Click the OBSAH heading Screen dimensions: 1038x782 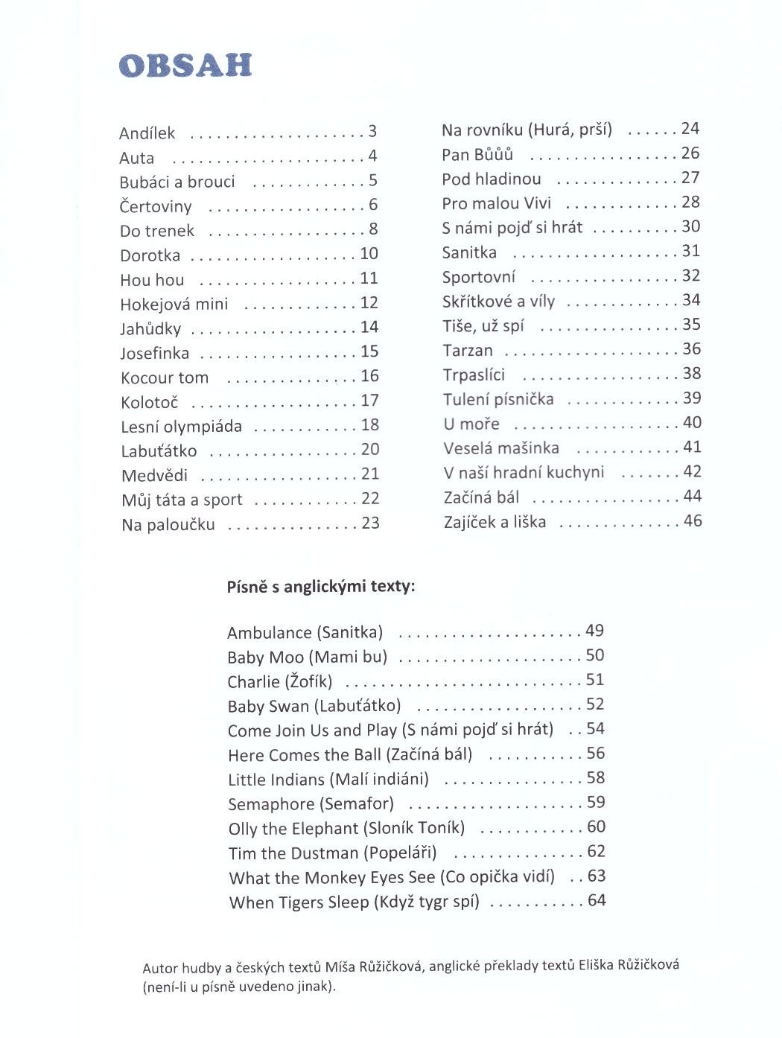(185, 66)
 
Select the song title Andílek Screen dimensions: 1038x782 (147, 133)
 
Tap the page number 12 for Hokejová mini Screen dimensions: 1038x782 (369, 302)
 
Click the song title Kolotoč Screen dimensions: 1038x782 (149, 403)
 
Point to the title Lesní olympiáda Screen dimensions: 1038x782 (181, 427)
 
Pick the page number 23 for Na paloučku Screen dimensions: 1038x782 (370, 523)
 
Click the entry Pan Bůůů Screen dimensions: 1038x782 (477, 154)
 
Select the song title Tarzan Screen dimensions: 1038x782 (468, 350)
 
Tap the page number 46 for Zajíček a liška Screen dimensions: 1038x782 (693, 520)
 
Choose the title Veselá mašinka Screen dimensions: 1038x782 (500, 448)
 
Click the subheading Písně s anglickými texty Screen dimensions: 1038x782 (320, 586)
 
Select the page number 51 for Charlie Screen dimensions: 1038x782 (595, 679)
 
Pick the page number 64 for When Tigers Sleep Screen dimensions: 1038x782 (597, 900)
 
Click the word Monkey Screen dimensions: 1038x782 (335, 878)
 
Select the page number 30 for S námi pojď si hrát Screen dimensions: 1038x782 (691, 226)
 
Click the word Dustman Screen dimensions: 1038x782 (324, 853)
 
